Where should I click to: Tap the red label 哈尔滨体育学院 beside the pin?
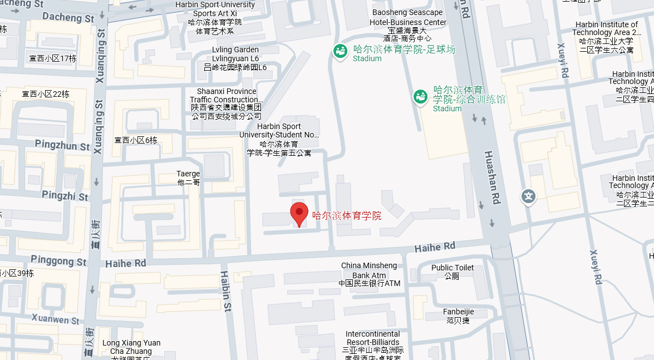click(x=347, y=216)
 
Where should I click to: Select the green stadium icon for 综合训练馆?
click(x=420, y=96)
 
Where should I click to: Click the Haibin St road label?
click(x=225, y=290)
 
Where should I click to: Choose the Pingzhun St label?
click(x=62, y=146)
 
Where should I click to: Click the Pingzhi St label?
click(x=65, y=196)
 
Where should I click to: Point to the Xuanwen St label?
click(x=55, y=320)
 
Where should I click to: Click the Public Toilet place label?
click(x=453, y=272)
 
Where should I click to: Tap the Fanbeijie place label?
click(x=458, y=315)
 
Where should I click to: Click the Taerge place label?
click(x=188, y=177)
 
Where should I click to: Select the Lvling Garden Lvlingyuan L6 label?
click(x=235, y=58)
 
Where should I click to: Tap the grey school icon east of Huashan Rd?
click(x=528, y=196)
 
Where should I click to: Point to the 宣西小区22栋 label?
click(x=46, y=94)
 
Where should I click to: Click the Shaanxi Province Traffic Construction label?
click(x=227, y=103)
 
